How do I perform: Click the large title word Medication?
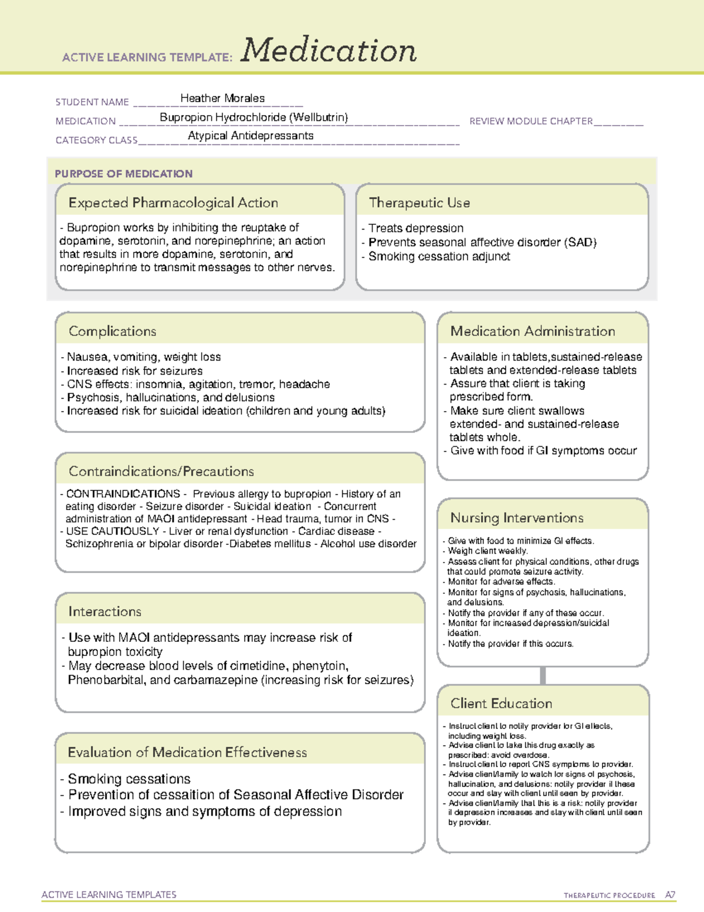(x=329, y=51)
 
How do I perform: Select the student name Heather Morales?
(x=222, y=99)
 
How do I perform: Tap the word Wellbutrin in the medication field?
(x=320, y=117)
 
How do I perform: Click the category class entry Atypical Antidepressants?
(x=251, y=136)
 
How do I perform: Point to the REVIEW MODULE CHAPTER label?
(x=531, y=122)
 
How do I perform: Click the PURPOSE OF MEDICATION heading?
(x=124, y=174)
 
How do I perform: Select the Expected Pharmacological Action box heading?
(x=173, y=203)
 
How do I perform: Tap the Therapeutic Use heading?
(x=419, y=203)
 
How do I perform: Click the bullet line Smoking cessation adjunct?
(x=439, y=257)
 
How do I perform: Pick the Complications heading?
(x=113, y=331)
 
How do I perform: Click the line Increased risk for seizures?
(x=134, y=371)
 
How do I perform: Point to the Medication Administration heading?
(x=532, y=331)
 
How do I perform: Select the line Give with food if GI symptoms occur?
(x=543, y=451)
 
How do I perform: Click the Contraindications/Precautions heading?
(x=161, y=472)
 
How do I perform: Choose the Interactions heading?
(x=105, y=612)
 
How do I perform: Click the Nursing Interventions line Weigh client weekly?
(x=488, y=551)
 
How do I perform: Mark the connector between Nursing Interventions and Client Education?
(x=543, y=675)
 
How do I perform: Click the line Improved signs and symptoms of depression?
(x=205, y=812)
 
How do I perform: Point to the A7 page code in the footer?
(x=669, y=895)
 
